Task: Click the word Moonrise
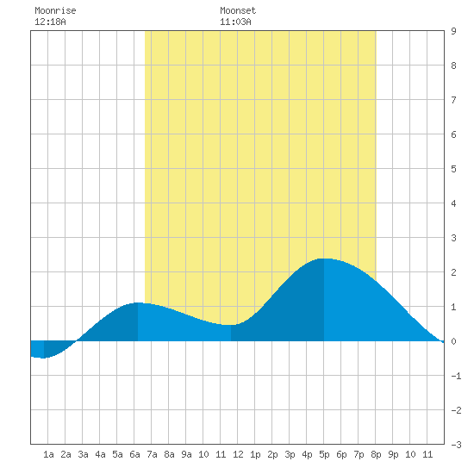(55, 10)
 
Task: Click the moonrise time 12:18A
(50, 22)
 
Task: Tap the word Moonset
(238, 10)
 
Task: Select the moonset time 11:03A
(235, 22)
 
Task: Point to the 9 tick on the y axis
(453, 31)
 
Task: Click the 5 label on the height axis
(453, 169)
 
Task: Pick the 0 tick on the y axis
(453, 341)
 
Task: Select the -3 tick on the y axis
(456, 445)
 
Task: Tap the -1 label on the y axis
(456, 376)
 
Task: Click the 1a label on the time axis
(48, 454)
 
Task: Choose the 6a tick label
(134, 454)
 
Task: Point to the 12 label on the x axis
(238, 454)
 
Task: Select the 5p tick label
(324, 454)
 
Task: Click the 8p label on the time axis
(376, 454)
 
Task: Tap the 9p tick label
(393, 454)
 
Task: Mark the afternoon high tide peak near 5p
(323, 259)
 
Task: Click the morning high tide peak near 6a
(138, 302)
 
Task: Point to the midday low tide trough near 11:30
(231, 325)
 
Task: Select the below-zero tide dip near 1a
(44, 358)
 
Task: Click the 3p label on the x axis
(290, 454)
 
